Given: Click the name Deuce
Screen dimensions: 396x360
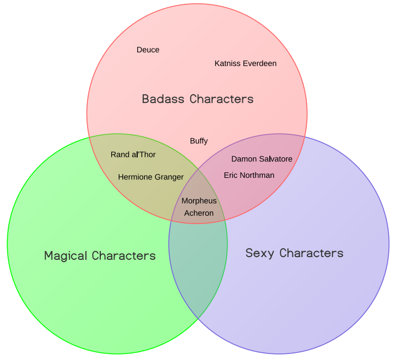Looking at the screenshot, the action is [x=148, y=50].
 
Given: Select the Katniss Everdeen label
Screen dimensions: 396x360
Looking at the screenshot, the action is [x=245, y=63].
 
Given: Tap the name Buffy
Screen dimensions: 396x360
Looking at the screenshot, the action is [x=199, y=141].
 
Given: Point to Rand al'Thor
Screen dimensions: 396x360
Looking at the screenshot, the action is [x=133, y=155].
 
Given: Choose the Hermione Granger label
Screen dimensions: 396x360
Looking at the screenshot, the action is [x=150, y=177].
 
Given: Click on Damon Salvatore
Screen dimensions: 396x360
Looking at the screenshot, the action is [x=262, y=159].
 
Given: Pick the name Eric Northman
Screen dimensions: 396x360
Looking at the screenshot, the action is [x=249, y=176].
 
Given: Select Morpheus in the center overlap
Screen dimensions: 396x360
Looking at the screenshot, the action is [x=199, y=201].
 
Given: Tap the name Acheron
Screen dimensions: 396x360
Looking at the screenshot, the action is [x=199, y=213].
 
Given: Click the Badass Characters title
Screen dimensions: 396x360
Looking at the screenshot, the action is [x=198, y=99].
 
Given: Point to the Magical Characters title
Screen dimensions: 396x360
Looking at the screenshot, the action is [x=100, y=256].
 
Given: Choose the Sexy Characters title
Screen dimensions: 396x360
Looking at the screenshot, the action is [x=294, y=253].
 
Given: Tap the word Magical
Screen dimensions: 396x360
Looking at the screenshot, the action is [x=66, y=256].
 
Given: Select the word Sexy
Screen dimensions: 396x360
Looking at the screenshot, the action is [x=259, y=253].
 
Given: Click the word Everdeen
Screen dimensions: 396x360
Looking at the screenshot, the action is [x=260, y=63].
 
